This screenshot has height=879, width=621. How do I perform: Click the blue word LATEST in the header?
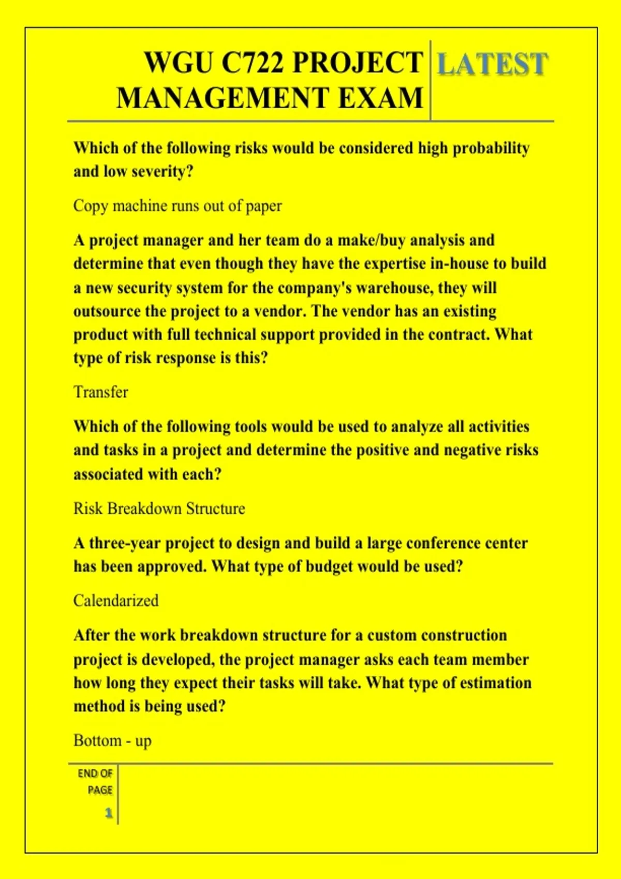point(492,65)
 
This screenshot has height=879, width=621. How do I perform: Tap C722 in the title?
point(253,63)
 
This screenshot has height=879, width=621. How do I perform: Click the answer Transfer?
point(100,392)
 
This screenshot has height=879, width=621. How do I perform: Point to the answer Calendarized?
point(116,601)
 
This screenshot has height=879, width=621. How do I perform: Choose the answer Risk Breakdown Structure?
point(159,509)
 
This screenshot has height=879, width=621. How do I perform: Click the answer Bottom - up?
point(112,741)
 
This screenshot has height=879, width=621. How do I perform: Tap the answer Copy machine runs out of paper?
point(178,206)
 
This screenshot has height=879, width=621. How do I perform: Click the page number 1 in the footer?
point(109,813)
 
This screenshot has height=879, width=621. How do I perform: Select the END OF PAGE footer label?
point(95,781)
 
